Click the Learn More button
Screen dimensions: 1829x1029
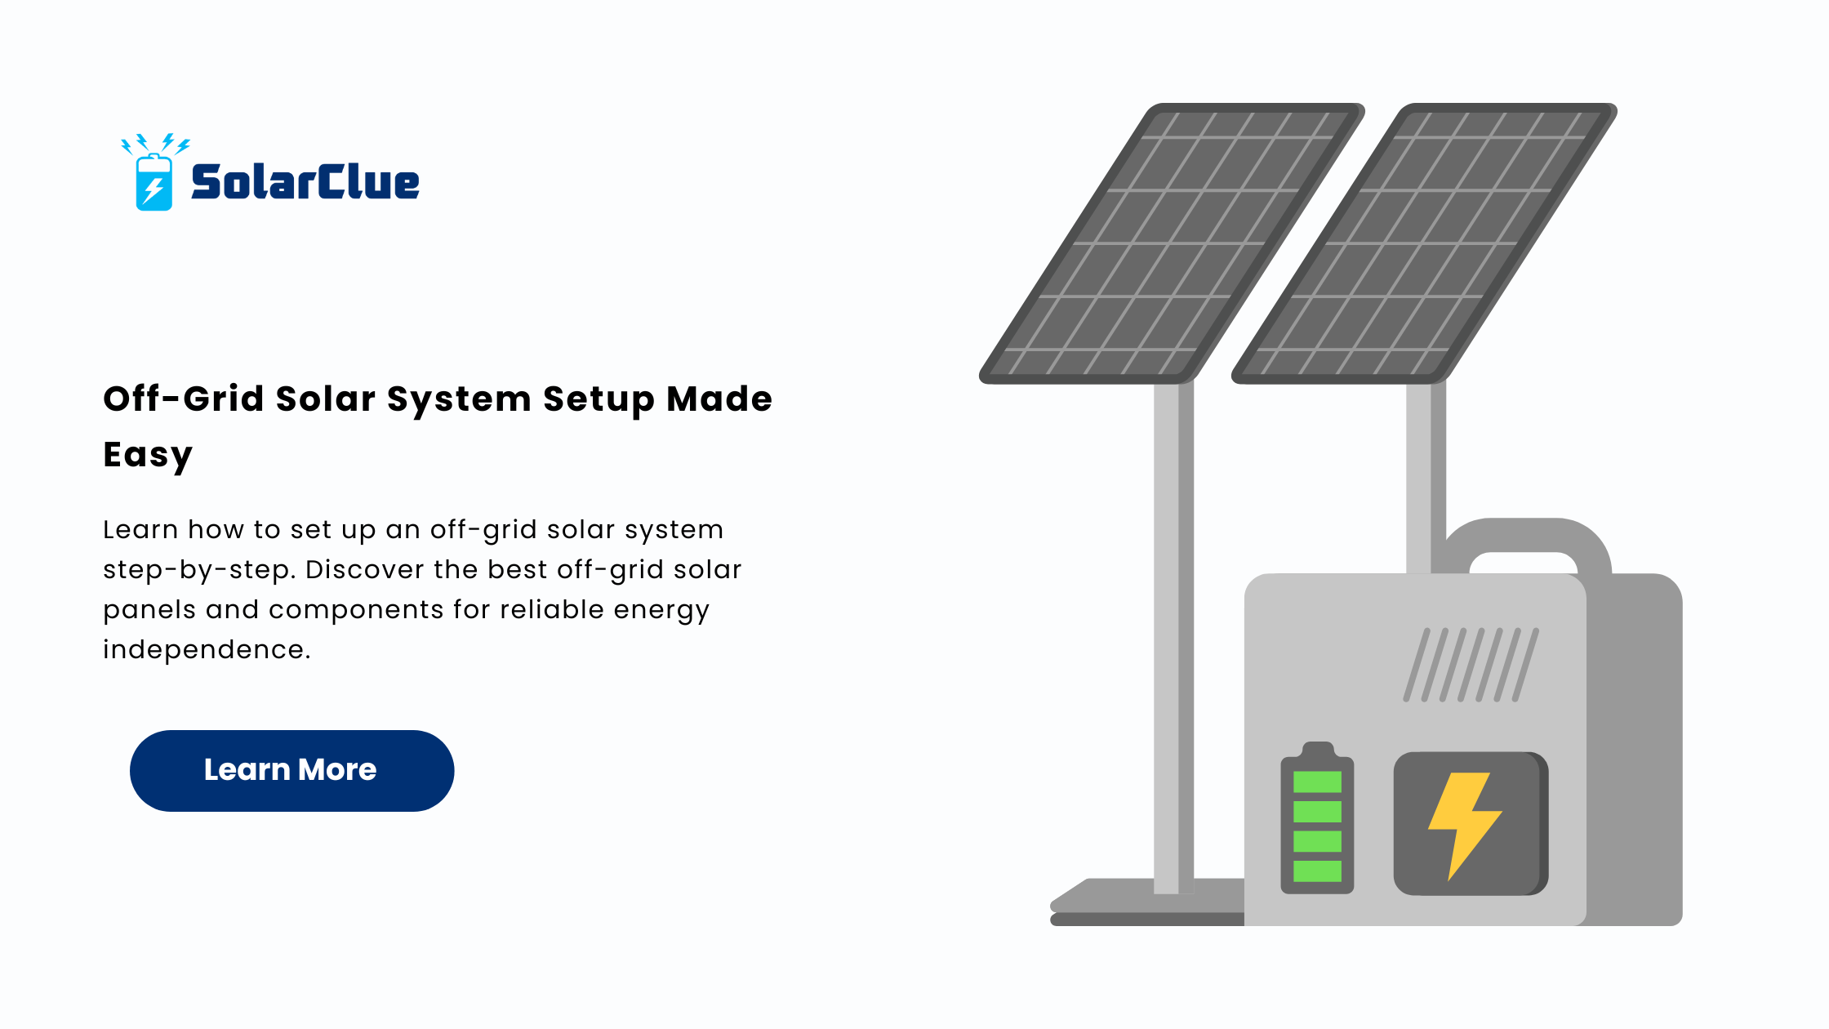(x=291, y=770)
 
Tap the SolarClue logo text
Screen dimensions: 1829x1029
(x=305, y=181)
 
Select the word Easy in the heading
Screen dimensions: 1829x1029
(x=148, y=455)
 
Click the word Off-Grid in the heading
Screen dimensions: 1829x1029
(x=184, y=399)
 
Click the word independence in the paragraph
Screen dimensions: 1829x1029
(x=207, y=649)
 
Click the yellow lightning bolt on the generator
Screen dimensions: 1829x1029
(x=1465, y=826)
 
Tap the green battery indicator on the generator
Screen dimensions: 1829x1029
(x=1317, y=818)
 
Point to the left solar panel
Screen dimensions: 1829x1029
(x=1172, y=243)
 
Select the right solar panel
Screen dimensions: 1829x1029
(x=1424, y=243)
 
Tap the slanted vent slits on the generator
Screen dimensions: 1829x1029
(x=1471, y=665)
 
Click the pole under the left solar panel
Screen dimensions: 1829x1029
(x=1173, y=637)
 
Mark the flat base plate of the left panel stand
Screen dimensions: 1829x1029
(x=1147, y=902)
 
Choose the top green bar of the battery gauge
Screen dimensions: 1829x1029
(x=1317, y=782)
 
